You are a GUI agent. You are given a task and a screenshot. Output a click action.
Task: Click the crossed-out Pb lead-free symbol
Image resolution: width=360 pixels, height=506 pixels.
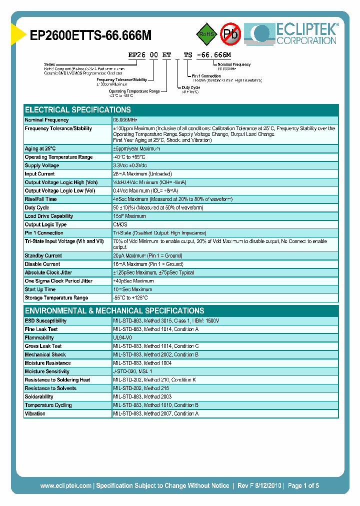[x=230, y=34]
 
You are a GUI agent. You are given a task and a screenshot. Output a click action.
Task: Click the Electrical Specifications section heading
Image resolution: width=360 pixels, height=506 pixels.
[x=78, y=110]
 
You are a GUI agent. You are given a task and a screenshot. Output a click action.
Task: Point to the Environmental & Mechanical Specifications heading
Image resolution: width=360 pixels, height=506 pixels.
[x=114, y=310]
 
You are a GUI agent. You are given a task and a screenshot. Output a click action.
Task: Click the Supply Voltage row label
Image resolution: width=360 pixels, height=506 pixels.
[x=42, y=165]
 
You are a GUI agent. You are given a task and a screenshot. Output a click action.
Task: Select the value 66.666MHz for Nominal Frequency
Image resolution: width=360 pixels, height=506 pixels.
[x=125, y=120]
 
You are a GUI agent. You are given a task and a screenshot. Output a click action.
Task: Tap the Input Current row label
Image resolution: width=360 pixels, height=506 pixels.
[x=40, y=174]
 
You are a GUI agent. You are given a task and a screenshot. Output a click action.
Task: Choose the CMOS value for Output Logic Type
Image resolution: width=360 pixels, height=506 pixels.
[x=120, y=224]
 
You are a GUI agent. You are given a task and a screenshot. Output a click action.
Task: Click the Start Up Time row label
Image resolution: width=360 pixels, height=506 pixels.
[x=40, y=289]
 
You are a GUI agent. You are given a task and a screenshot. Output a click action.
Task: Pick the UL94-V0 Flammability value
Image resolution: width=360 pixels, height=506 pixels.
[x=123, y=338]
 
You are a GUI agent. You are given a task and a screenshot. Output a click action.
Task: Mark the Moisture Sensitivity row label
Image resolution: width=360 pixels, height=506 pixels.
[x=46, y=371]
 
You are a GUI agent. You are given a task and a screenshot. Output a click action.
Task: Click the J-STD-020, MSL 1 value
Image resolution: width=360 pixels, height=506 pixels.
[x=132, y=371]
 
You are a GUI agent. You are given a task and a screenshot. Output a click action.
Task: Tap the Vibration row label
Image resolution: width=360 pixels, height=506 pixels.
[x=35, y=413]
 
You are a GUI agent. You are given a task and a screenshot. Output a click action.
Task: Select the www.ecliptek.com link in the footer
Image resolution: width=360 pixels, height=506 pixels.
[x=65, y=485]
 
